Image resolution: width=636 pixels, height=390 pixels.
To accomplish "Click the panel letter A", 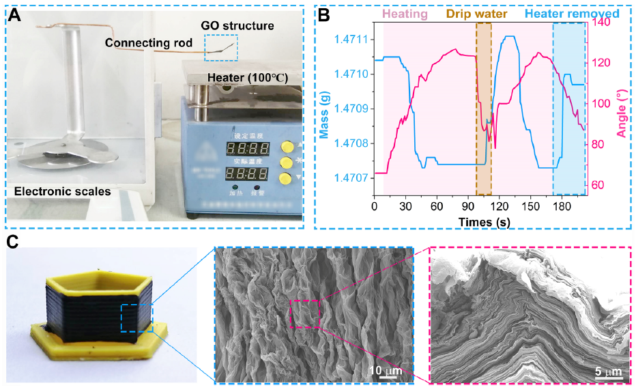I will (14, 14).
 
